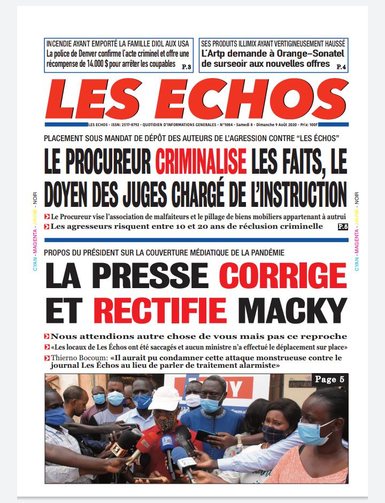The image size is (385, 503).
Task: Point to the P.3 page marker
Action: (x=187, y=66)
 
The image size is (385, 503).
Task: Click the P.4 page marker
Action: (x=341, y=66)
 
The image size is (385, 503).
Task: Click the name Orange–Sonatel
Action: (x=309, y=53)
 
